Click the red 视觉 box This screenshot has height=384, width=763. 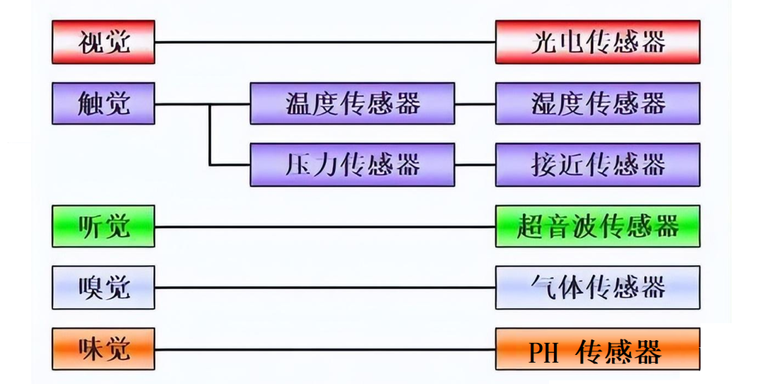tap(103, 42)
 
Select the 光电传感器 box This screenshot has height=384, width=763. tap(598, 42)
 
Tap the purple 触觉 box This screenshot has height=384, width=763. tap(103, 103)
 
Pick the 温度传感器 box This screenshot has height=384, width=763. tap(352, 103)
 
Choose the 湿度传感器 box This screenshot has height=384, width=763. tap(598, 103)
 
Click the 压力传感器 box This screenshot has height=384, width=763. tap(352, 165)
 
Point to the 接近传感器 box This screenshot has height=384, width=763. tap(598, 165)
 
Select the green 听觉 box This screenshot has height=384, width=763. tap(103, 226)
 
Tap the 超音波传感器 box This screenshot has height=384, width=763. tap(598, 226)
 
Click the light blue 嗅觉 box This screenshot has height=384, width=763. tap(103, 288)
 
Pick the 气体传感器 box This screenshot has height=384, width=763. tap(598, 288)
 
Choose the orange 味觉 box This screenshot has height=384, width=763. tap(103, 349)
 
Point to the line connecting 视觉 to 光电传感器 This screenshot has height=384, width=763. tap(325, 42)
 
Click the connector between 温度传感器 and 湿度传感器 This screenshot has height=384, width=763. tap(475, 104)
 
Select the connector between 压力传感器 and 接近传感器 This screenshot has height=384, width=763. tap(475, 165)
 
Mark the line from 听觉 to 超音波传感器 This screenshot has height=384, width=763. tap(325, 227)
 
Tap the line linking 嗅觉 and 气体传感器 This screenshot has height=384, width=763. tap(325, 288)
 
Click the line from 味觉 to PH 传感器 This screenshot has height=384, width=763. tap(325, 349)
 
